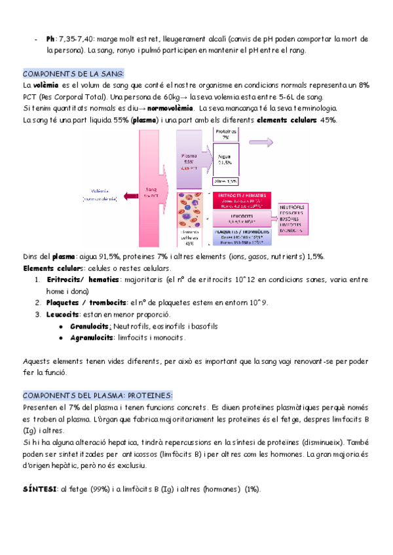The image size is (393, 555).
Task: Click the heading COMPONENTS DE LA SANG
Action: (x=73, y=73)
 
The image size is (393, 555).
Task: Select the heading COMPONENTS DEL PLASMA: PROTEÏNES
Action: (x=98, y=395)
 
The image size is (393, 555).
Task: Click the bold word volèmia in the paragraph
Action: (x=46, y=85)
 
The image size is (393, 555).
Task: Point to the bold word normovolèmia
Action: (x=171, y=108)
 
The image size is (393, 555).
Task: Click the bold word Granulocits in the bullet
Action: (x=90, y=325)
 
